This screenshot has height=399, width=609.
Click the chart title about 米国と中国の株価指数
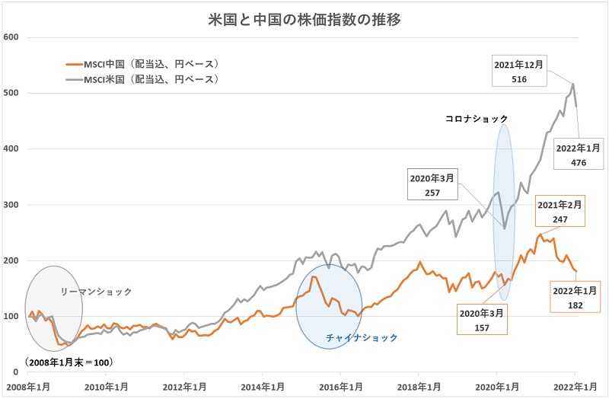pyautogui.click(x=304, y=18)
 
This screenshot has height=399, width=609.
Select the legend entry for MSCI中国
pyautogui.click(x=144, y=64)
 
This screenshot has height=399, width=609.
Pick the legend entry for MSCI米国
pyautogui.click(x=144, y=78)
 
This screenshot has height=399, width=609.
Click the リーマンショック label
pyautogui.click(x=96, y=292)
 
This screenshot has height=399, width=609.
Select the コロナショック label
pyautogui.click(x=477, y=120)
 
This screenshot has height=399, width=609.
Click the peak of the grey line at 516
pyautogui.click(x=573, y=84)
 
